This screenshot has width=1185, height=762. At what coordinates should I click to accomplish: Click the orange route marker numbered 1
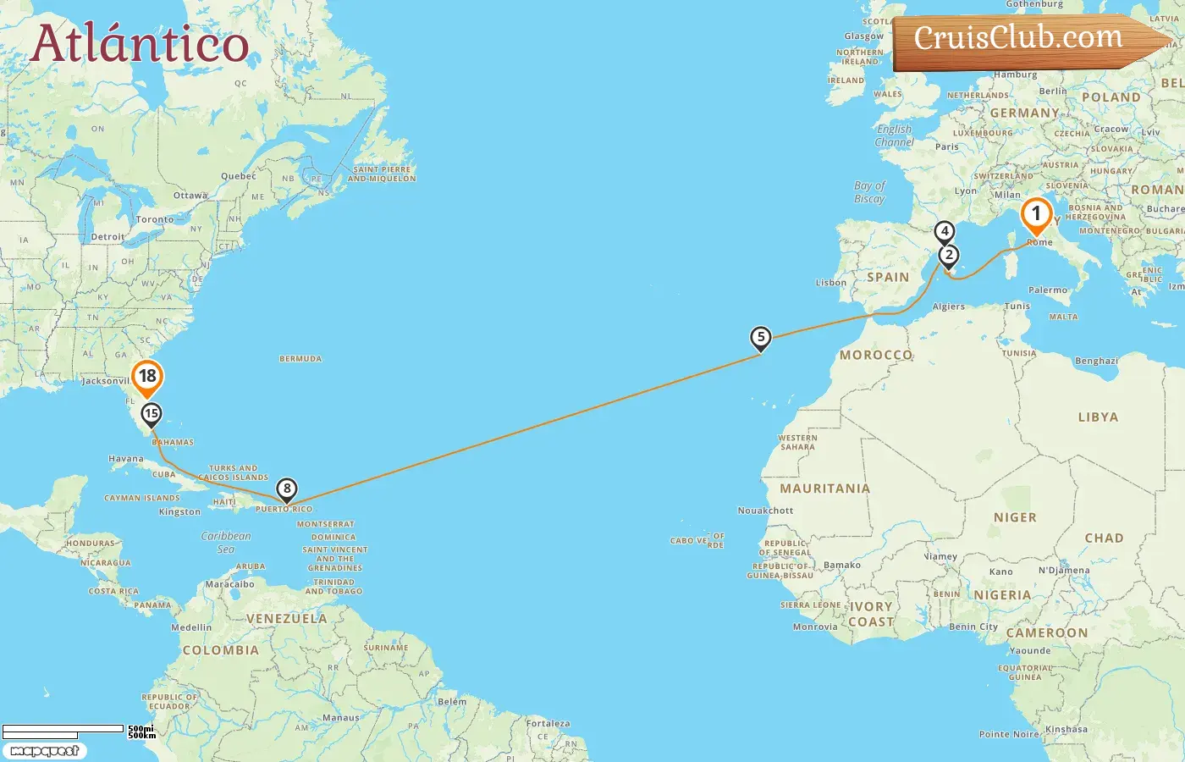point(1036,215)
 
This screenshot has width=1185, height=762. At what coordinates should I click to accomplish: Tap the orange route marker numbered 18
point(147,378)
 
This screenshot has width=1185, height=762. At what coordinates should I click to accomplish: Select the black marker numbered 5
point(761,339)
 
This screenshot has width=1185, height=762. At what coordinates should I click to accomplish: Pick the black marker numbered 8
point(287,489)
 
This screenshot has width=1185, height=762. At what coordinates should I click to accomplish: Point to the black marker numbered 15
point(152,414)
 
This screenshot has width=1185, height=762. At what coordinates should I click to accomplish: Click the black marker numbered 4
point(945,232)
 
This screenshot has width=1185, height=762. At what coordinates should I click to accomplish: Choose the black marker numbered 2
point(949,256)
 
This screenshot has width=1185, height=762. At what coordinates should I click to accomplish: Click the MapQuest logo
point(44,751)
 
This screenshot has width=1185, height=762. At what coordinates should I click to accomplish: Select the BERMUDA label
point(300,359)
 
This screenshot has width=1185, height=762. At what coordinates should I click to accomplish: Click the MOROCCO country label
point(876,356)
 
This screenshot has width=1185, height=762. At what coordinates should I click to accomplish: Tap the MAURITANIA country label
point(824,489)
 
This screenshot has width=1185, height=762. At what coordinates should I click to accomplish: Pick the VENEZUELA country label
point(286,619)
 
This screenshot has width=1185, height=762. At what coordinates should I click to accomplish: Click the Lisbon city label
point(830,283)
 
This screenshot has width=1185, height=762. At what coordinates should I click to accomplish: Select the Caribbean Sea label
point(226,542)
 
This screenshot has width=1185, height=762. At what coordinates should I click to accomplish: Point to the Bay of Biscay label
point(869,192)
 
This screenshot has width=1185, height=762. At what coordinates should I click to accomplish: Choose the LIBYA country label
point(1098,417)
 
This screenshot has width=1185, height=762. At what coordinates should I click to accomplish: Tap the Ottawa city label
point(190,196)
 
